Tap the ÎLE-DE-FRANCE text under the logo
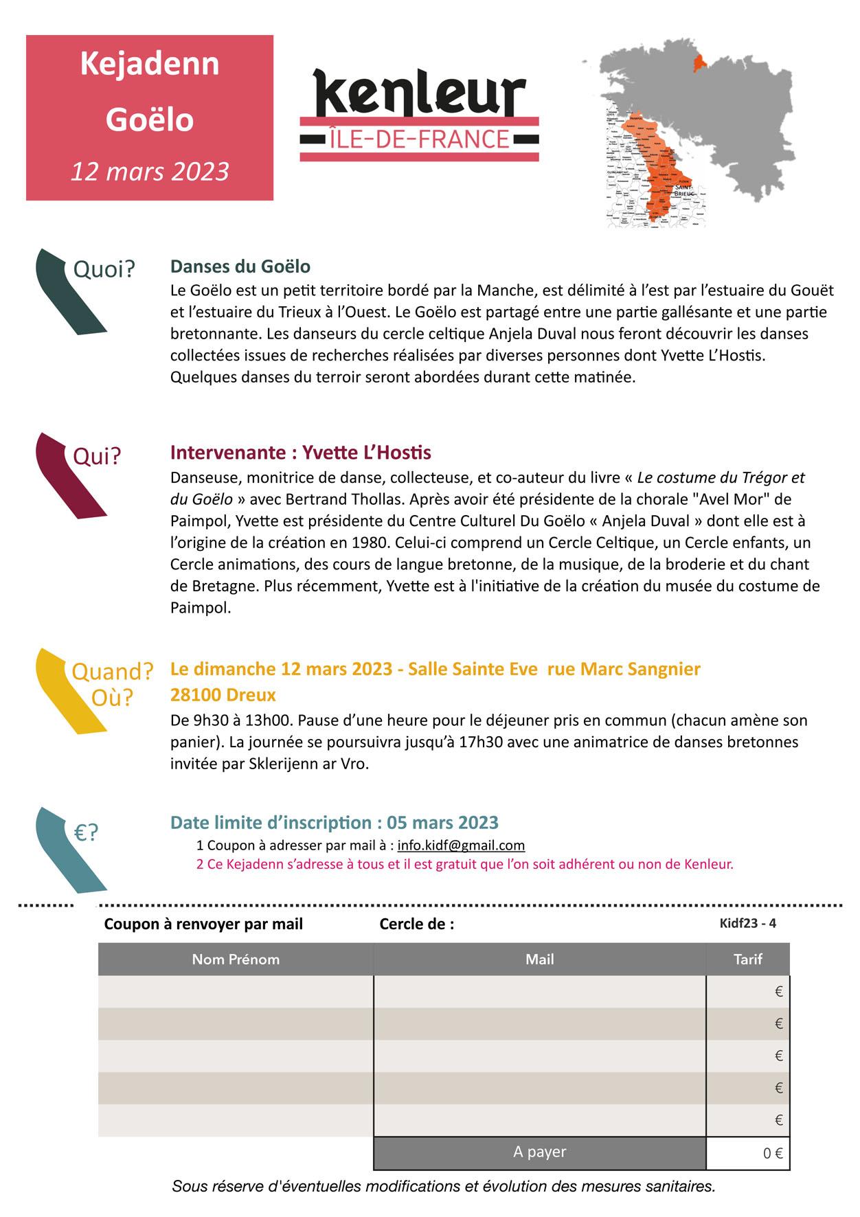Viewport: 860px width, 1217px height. click(420, 139)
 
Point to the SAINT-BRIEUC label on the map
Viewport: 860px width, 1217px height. click(684, 190)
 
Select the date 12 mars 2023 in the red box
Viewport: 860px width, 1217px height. click(150, 171)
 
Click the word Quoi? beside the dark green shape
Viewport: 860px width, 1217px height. click(104, 269)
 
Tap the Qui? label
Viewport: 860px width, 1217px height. click(97, 455)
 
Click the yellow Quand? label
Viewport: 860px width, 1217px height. click(113, 671)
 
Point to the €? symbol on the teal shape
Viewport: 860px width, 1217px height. click(87, 832)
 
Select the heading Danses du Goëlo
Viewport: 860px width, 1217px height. click(240, 266)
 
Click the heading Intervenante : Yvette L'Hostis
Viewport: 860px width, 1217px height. click(301, 453)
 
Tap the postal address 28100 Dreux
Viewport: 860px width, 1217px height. click(223, 695)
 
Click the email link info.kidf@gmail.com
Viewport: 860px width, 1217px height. click(461, 845)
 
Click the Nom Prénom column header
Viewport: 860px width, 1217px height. click(236, 959)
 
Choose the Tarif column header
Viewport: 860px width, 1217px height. click(747, 959)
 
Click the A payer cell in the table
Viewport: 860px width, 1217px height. click(539, 1152)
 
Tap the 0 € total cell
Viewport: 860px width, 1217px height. click(773, 1154)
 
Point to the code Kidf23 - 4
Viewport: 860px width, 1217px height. click(747, 923)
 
